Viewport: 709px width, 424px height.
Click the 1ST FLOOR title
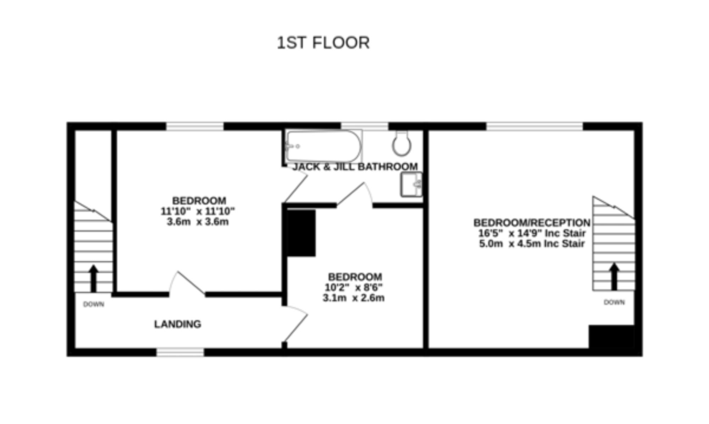tap(323, 43)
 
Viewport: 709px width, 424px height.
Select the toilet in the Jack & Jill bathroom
tap(402, 143)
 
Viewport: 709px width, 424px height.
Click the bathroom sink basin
tap(412, 184)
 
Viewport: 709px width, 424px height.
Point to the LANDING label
tap(178, 324)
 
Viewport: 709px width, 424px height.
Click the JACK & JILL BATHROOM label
tap(355, 166)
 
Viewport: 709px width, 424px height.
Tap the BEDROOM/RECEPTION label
tap(532, 223)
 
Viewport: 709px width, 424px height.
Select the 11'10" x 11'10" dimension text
tap(198, 211)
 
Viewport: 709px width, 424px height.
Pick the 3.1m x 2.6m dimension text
tap(353, 298)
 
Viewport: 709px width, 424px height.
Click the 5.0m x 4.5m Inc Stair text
tap(532, 244)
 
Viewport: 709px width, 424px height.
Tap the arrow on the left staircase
tap(94, 278)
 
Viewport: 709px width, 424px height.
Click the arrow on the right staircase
tap(614, 276)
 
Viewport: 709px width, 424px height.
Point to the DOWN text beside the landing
tap(94, 304)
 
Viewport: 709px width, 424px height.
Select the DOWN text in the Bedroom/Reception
tap(614, 302)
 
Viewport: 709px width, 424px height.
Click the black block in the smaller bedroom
tap(301, 233)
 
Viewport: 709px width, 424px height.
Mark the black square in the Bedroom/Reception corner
tap(612, 337)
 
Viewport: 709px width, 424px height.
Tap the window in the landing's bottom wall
tap(180, 352)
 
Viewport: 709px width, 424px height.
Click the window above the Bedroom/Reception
tap(534, 126)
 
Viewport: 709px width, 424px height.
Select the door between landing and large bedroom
tap(187, 284)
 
